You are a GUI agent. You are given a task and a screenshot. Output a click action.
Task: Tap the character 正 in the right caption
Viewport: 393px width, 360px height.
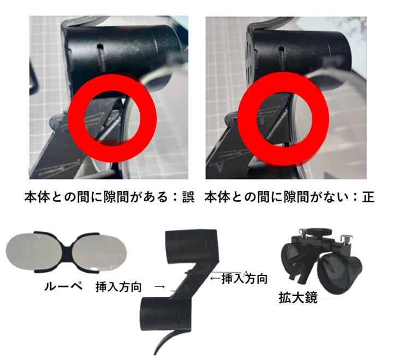point(368,197)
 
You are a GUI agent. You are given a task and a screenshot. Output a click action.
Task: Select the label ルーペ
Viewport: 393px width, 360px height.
point(63,286)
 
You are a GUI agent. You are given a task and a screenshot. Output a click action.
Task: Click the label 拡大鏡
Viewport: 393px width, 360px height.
point(298,298)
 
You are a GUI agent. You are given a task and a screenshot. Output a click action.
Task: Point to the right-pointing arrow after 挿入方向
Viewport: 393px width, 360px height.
point(160,286)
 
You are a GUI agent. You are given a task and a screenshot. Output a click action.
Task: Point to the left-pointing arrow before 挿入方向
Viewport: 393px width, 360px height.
point(216,278)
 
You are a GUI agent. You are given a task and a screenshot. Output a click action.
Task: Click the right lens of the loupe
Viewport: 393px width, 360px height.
point(99,251)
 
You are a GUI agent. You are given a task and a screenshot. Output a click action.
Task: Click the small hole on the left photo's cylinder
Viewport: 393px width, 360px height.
point(100,46)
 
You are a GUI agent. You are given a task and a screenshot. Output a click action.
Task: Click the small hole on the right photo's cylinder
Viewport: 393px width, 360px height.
point(282,49)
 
